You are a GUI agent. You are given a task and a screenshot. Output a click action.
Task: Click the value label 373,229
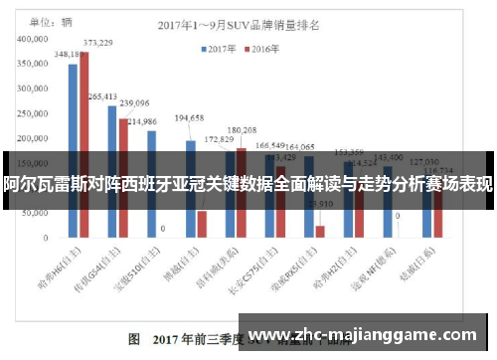tap(97, 43)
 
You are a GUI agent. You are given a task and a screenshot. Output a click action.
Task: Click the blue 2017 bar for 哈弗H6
tap(73, 149)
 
